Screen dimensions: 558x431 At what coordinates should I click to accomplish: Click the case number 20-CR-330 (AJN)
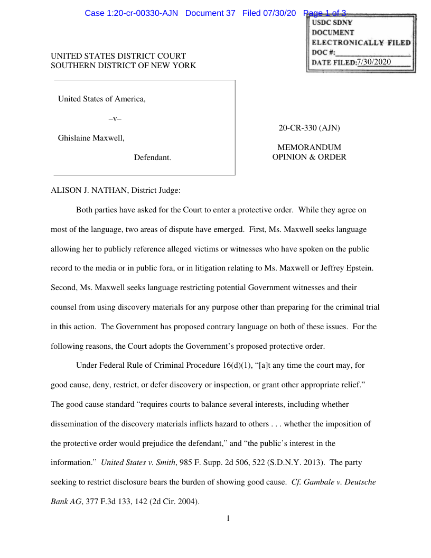[309, 128]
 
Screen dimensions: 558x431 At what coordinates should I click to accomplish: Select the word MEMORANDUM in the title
[309, 147]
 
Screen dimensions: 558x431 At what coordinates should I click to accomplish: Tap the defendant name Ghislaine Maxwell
[91, 138]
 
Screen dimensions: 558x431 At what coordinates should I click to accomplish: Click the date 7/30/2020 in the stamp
[374, 62]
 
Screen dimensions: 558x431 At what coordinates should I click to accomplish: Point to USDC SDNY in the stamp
[332, 23]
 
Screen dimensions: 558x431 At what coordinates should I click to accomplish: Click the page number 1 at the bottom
[228, 518]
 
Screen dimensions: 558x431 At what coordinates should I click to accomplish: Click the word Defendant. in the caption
[152, 157]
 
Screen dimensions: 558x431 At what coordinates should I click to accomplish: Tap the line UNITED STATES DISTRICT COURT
[118, 56]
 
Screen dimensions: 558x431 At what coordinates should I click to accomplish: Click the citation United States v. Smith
[138, 462]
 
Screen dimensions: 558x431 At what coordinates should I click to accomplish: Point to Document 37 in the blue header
[210, 13]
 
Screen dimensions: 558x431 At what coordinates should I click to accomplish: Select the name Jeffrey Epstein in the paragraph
[346, 268]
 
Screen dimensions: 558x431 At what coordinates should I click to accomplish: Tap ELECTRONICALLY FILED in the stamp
[361, 42]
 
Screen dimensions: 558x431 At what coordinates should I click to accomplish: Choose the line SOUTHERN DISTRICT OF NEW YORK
[123, 66]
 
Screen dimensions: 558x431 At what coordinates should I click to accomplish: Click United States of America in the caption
[101, 99]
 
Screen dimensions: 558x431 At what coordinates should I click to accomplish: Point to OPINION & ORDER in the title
[309, 157]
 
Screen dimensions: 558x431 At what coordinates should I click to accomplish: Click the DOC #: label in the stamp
[323, 52]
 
